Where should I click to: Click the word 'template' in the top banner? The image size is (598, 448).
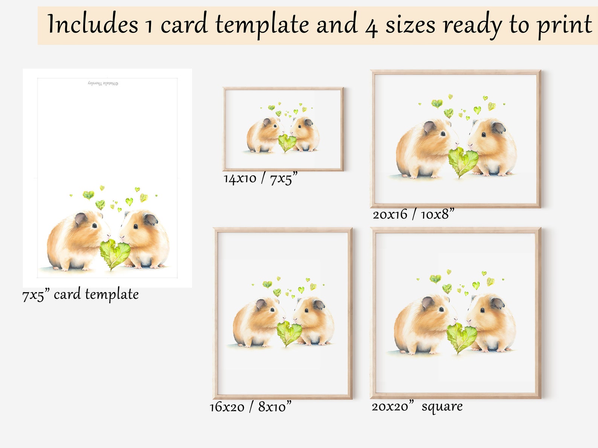[262, 24]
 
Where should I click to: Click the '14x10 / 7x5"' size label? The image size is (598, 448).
[260, 178]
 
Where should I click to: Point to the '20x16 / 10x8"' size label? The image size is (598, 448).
[413, 214]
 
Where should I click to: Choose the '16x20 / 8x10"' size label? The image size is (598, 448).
[250, 407]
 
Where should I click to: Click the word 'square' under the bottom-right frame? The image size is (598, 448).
[442, 406]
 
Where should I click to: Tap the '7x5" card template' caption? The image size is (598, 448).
[80, 295]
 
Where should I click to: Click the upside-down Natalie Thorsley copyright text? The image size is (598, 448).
[103, 83]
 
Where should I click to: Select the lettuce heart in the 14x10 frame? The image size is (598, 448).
[287, 143]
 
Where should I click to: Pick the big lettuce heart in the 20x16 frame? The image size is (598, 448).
[463, 161]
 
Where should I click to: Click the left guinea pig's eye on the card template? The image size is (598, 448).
[94, 226]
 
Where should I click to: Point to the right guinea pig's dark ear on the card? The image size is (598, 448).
[150, 219]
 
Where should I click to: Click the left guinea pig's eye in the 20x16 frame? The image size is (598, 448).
[443, 134]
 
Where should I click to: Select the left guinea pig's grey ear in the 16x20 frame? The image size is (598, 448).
[261, 304]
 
